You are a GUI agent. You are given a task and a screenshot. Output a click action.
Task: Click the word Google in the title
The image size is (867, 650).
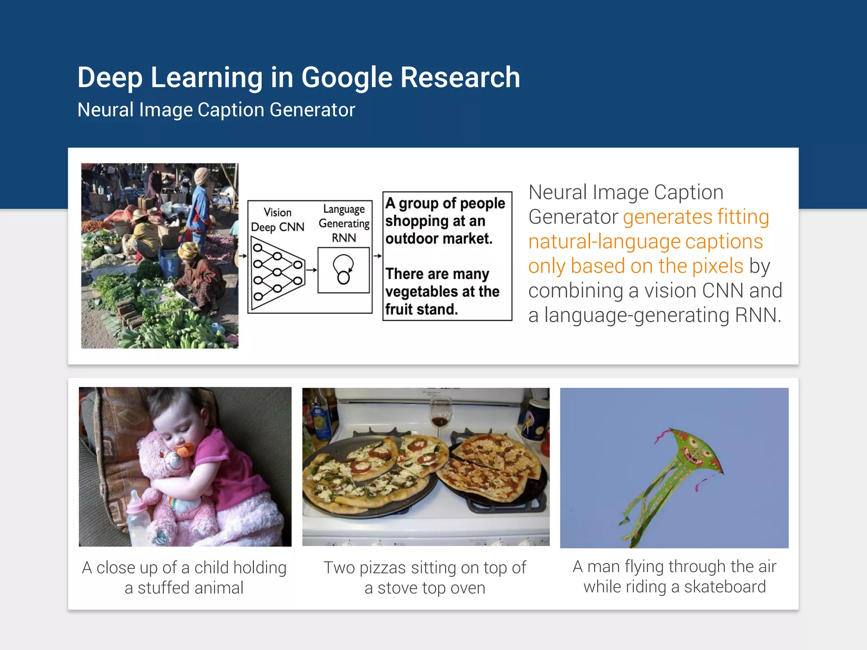click(347, 78)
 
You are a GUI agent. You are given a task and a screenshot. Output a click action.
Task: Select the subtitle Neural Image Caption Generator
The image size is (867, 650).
click(216, 110)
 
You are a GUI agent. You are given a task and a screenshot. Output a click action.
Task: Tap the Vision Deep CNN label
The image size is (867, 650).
click(278, 220)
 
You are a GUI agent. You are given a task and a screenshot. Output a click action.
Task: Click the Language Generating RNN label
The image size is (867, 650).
click(344, 223)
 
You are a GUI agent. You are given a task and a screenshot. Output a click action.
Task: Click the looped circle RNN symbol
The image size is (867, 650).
click(343, 269)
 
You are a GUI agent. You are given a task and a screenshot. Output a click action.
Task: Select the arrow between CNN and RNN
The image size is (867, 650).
click(312, 270)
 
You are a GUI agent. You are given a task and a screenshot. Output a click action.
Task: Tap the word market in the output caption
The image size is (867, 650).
click(467, 239)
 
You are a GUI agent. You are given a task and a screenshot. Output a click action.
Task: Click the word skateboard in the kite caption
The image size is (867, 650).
click(725, 587)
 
